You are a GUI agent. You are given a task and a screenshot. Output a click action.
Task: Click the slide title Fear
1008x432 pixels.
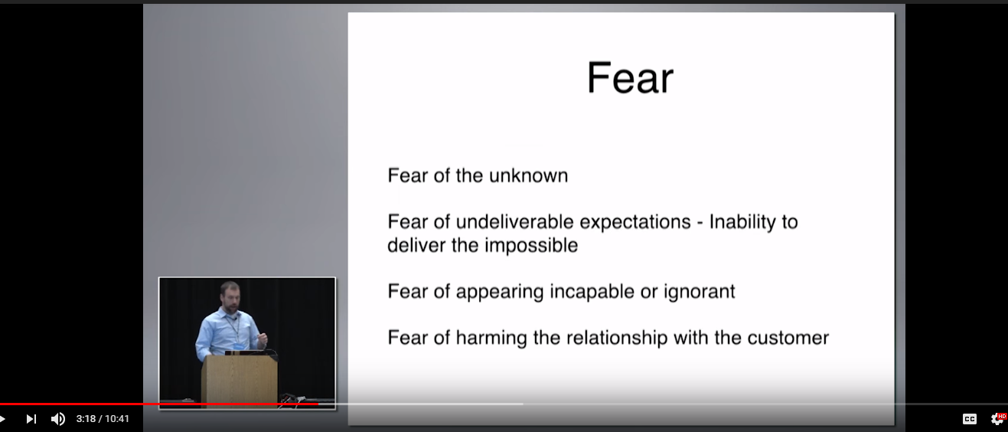630,78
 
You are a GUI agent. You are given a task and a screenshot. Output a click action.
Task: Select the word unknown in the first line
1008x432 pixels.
528,175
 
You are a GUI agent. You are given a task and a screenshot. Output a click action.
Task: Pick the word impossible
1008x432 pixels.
531,246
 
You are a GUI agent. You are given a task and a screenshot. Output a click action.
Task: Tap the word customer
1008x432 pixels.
788,339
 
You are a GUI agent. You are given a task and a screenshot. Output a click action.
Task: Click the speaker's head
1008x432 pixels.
230,296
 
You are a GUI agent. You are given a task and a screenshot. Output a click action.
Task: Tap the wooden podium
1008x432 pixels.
239,381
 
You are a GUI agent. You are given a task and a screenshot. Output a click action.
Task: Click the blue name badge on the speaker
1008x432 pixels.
238,345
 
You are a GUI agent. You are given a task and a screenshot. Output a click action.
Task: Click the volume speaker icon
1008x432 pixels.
57,419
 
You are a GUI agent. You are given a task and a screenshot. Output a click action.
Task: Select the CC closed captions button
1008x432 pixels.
969,419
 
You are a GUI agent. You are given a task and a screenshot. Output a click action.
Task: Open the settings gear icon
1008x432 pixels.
997,419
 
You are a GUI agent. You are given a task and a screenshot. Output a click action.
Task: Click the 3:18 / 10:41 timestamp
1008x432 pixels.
103,419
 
